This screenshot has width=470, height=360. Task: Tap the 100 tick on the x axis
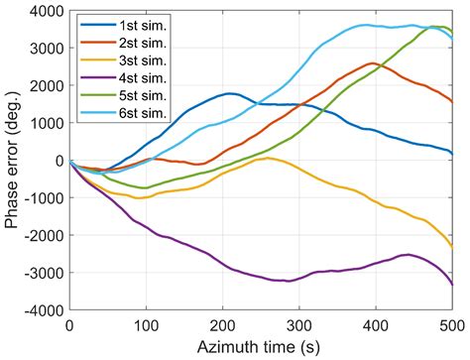(146, 325)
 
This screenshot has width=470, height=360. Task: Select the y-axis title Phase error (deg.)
(12, 160)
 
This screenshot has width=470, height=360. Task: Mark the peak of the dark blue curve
(230, 93)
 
